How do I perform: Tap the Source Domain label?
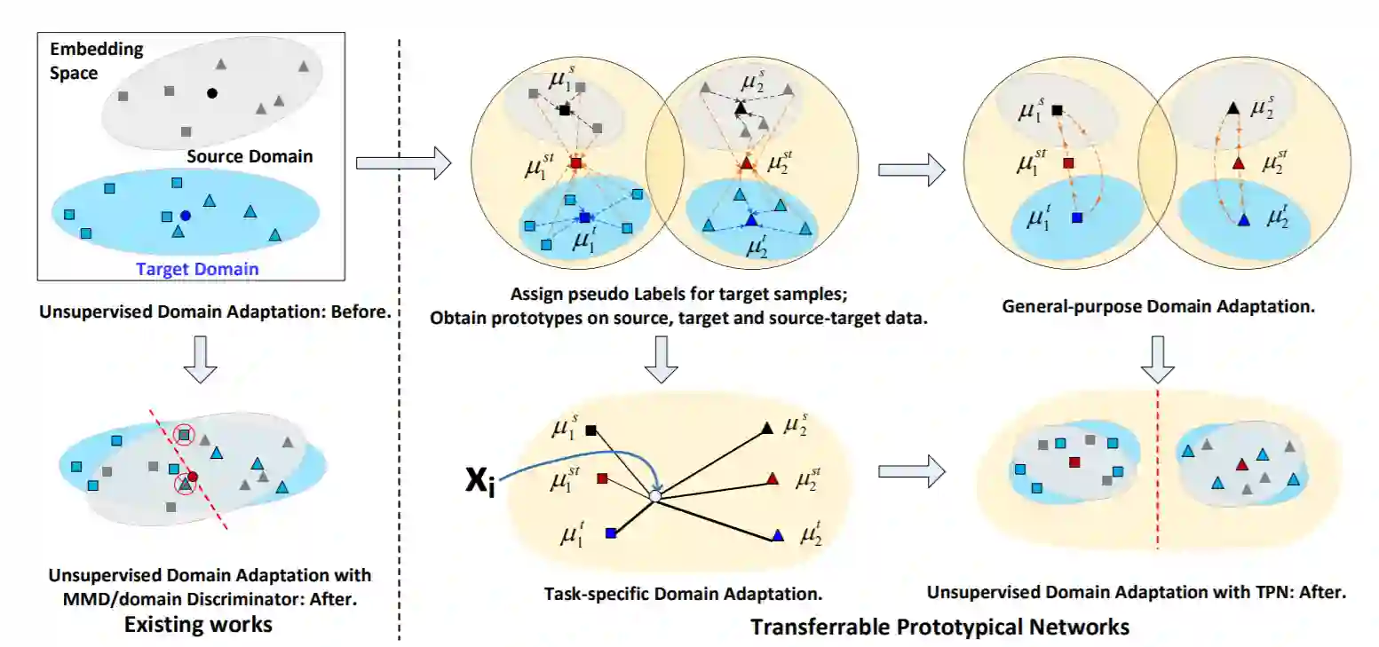[250, 157]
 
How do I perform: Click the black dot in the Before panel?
[211, 93]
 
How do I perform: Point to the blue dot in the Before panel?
[186, 216]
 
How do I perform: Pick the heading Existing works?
[198, 624]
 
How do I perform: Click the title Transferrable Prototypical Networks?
[939, 627]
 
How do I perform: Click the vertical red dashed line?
[1158, 470]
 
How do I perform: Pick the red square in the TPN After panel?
[1074, 462]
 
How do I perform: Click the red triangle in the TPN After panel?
[1241, 464]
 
